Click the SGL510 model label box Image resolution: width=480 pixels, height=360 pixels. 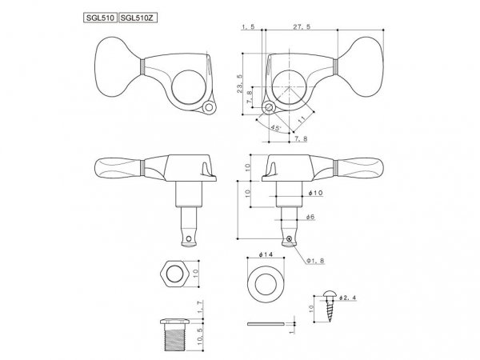tap(100, 18)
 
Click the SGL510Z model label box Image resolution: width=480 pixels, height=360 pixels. tap(138, 18)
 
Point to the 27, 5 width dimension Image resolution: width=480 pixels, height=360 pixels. tap(302, 26)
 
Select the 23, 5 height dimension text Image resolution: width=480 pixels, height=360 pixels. tap(239, 83)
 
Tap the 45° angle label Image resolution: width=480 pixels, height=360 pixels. tap(276, 127)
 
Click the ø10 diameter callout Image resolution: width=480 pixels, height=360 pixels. tap(315, 193)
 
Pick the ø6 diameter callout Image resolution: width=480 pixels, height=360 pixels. tap(310, 217)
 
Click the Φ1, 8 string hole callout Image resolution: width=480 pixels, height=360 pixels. tap(315, 261)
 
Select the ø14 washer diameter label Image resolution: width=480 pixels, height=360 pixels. tap(266, 254)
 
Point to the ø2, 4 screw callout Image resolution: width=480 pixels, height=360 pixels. tap(348, 298)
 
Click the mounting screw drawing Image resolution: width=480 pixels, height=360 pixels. tap(330, 306)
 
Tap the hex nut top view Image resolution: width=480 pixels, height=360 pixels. tap(174, 274)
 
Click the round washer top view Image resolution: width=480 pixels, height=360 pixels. tap(266, 284)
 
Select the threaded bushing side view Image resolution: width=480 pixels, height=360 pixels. tap(174, 335)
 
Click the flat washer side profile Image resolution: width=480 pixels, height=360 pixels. tap(266, 323)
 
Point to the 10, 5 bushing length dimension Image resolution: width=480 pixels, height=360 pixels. tap(200, 336)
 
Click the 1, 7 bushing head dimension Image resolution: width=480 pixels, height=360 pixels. tap(200, 307)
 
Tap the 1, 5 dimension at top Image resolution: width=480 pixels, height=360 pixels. tap(248, 26)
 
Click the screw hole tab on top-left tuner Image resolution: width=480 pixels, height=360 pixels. tap(209, 107)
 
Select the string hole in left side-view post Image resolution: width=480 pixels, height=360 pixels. tap(189, 238)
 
